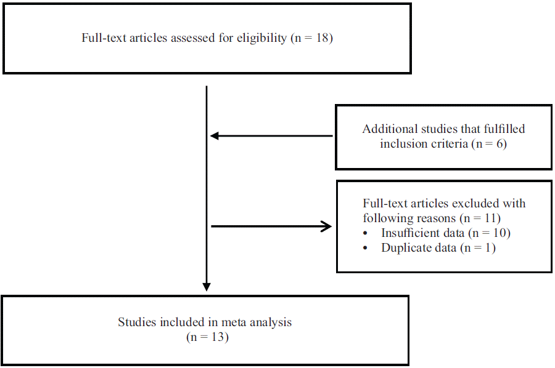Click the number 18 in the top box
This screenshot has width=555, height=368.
[x=321, y=38]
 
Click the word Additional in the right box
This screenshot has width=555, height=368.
[x=386, y=129]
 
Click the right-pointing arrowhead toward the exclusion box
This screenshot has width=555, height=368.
[x=326, y=226]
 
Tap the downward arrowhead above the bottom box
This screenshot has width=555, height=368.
[x=207, y=287]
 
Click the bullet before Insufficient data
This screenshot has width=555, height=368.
[x=368, y=234]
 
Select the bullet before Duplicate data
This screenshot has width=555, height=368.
[x=368, y=249]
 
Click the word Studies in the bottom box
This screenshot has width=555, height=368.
[x=136, y=322]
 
